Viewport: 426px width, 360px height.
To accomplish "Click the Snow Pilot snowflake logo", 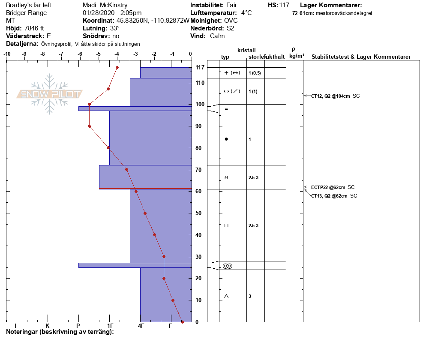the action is pos(49,94).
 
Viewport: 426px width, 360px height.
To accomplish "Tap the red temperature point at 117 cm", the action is pos(117,67).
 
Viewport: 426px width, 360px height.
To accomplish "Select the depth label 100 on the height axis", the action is pos(200,104).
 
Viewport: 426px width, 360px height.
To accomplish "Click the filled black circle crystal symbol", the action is pos(226,139).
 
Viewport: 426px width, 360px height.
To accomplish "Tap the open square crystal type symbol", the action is pos(226,225).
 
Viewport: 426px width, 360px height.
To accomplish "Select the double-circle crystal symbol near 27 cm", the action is pos(228,266).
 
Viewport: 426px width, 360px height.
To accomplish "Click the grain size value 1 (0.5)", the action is pos(255,73).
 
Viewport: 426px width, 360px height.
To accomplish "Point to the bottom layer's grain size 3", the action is pos(250,296).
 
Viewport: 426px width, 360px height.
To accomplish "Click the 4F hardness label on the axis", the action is pos(141,326).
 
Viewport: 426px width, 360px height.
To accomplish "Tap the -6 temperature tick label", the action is pos(80,54).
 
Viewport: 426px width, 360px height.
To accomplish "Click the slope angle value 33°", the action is pos(115,28).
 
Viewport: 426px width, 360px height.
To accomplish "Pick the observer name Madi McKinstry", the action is pos(105,5).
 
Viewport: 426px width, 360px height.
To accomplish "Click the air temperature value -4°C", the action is pos(246,13).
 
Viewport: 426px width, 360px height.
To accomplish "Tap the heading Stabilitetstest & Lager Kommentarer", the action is pos(361,57).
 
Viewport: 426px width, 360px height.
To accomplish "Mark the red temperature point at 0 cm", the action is pos(182,322).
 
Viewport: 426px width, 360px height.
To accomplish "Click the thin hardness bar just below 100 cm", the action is pos(135,109).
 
